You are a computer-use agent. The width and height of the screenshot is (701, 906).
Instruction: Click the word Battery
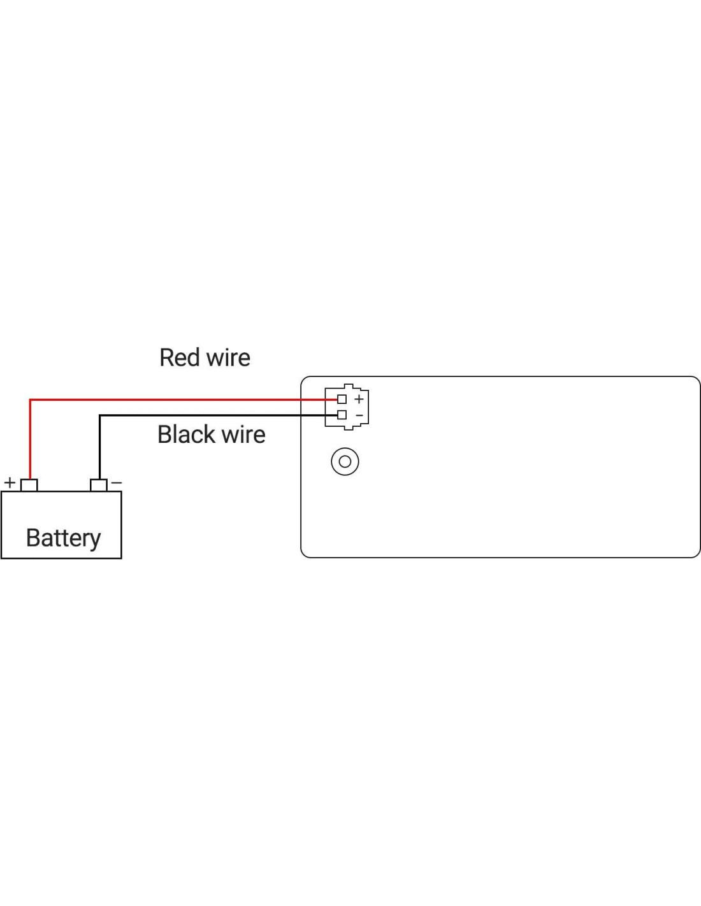coord(63,538)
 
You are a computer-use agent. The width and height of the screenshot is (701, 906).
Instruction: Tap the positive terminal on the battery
coord(29,485)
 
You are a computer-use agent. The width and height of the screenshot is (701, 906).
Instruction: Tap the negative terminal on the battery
coord(98,485)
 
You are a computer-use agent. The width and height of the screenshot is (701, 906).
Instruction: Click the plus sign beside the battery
coord(10,482)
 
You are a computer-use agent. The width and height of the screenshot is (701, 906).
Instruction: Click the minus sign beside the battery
coord(116,483)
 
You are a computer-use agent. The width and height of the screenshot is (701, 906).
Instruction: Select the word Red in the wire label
coord(180,357)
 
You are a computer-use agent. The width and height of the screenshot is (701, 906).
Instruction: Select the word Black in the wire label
coord(185,435)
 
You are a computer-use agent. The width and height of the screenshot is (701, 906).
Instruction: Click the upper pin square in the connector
coord(342,399)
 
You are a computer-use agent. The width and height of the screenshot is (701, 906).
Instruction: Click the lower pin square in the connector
coord(342,415)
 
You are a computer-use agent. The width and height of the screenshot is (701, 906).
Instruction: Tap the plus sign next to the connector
coord(359,399)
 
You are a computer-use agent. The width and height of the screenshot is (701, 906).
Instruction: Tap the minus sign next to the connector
coord(359,415)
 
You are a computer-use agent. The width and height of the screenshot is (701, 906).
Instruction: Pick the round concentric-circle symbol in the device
coord(345,461)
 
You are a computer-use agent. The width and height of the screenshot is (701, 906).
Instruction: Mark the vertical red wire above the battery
coord(30,440)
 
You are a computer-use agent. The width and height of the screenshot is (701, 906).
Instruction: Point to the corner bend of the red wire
coord(30,400)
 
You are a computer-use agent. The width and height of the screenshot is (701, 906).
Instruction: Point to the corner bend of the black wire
coord(99,416)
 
